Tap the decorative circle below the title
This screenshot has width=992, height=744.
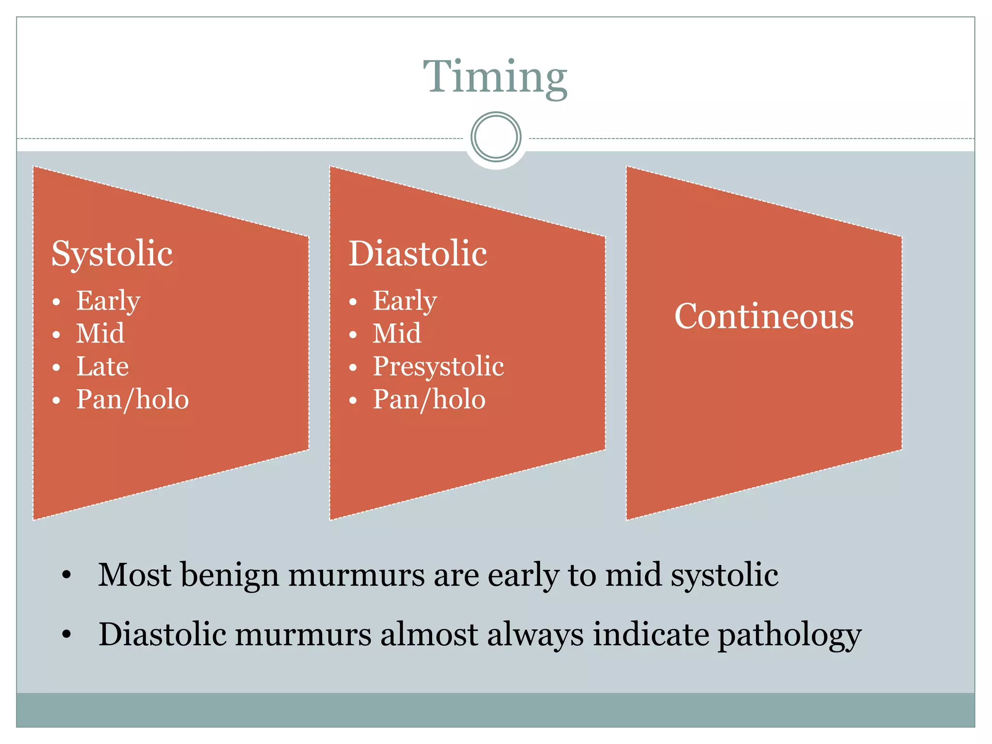tap(496, 137)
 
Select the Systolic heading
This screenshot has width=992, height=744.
tap(112, 253)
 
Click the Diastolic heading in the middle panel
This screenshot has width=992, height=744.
tap(418, 253)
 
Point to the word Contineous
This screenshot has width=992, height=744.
tap(764, 316)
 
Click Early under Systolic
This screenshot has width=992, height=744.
tap(108, 301)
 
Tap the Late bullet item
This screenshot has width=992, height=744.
tap(103, 366)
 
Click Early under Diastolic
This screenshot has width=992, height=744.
tap(404, 301)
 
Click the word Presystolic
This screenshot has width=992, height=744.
tap(438, 366)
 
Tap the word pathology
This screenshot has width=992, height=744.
tap(789, 635)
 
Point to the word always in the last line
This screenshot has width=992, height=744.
tap(535, 635)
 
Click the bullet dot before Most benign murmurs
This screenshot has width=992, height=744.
tap(66, 575)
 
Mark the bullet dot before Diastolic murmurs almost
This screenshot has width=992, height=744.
tap(66, 634)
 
